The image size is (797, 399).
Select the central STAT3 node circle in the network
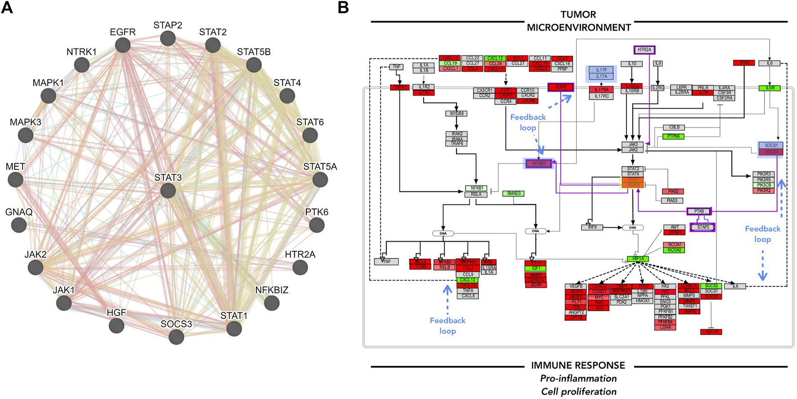point(168,191)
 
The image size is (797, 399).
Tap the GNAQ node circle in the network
point(18,224)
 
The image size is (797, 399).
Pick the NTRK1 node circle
point(81,65)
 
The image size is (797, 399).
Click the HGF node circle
point(116,326)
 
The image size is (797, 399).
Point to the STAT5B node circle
point(254,65)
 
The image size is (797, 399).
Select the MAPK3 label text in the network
point(25,122)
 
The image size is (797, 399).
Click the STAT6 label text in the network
point(310,122)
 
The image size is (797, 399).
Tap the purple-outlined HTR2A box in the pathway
point(645,50)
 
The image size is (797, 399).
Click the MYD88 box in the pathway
point(457,113)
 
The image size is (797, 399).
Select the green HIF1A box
point(638,259)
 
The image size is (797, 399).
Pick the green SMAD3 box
point(514,193)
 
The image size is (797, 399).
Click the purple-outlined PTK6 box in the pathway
point(699,211)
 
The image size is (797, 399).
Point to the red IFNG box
point(744,63)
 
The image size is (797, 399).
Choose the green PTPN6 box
point(673,136)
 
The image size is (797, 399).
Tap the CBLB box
point(674,127)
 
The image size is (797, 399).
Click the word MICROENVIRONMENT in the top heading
point(578,27)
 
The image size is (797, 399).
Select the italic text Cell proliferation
point(578,391)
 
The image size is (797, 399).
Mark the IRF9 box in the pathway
point(592,228)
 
